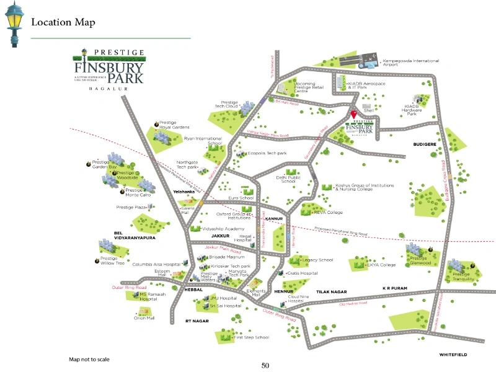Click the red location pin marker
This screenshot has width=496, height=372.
[x=353, y=115]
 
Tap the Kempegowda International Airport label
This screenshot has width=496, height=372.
[x=410, y=63]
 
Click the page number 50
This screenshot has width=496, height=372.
[x=265, y=366]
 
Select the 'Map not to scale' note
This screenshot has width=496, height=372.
[x=89, y=359]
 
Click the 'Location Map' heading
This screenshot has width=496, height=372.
[x=63, y=23]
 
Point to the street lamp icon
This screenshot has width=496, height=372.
[x=14, y=23]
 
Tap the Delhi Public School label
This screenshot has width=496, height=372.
[x=289, y=179]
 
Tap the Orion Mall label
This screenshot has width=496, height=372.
[x=144, y=318]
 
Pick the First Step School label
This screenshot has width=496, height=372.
[x=251, y=337]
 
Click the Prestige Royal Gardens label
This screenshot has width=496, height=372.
[x=173, y=125]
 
